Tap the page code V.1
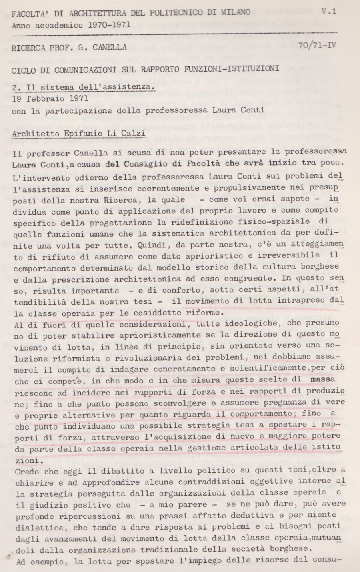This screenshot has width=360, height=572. coord(328,12)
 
